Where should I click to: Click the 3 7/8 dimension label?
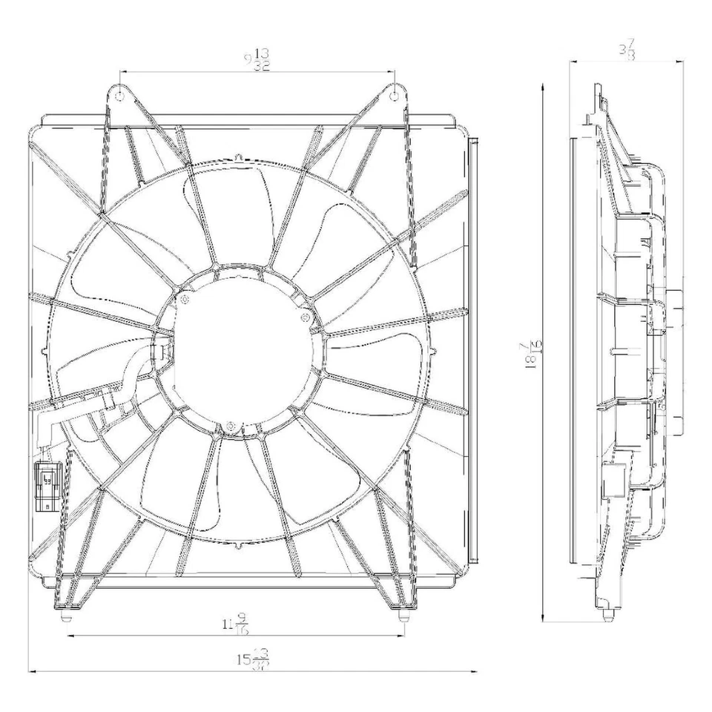[x=626, y=52]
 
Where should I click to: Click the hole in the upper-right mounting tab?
[x=395, y=94]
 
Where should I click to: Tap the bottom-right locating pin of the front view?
[x=403, y=615]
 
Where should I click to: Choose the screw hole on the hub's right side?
[x=304, y=317]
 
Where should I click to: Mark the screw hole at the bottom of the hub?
[x=231, y=426]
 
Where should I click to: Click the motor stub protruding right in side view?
[x=673, y=307]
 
